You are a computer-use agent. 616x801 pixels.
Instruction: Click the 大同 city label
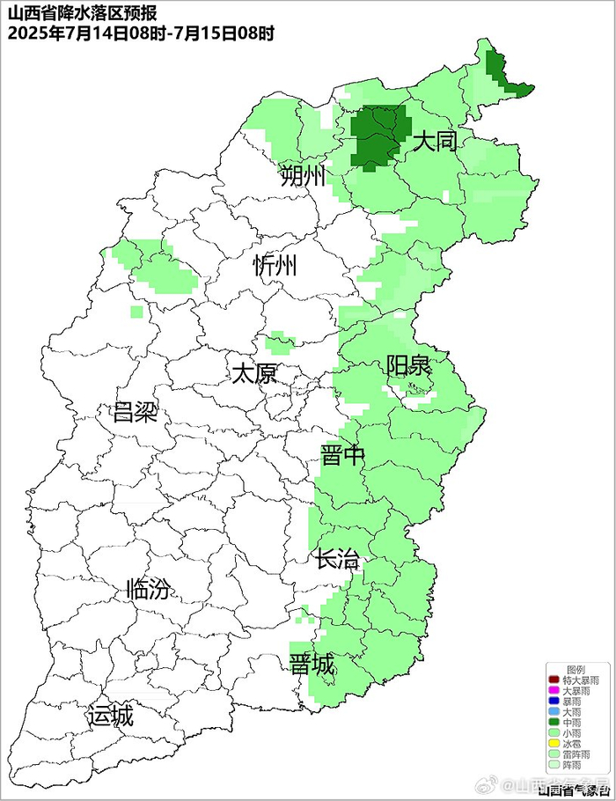(x=435, y=141)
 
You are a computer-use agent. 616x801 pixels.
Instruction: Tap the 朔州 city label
(x=303, y=177)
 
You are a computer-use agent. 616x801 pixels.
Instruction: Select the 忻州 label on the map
(x=275, y=266)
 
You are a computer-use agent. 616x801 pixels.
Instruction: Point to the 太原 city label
(x=253, y=373)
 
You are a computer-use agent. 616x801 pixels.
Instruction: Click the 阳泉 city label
(x=408, y=366)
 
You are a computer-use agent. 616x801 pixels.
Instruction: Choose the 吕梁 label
(x=135, y=412)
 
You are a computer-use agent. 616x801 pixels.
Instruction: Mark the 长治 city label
(x=338, y=559)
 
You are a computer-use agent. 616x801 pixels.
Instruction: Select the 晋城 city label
(x=312, y=665)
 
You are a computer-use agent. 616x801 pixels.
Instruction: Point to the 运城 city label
(x=110, y=716)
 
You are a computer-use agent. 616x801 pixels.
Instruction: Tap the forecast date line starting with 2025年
(x=141, y=33)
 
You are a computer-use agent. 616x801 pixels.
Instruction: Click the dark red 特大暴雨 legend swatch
(x=553, y=680)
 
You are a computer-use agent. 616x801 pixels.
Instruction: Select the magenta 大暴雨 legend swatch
(x=553, y=691)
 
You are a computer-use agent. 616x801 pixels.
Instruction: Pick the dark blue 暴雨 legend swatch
(x=553, y=702)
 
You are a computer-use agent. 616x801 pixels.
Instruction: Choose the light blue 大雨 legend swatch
(x=553, y=712)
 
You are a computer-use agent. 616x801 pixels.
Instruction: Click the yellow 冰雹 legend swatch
(x=553, y=744)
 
